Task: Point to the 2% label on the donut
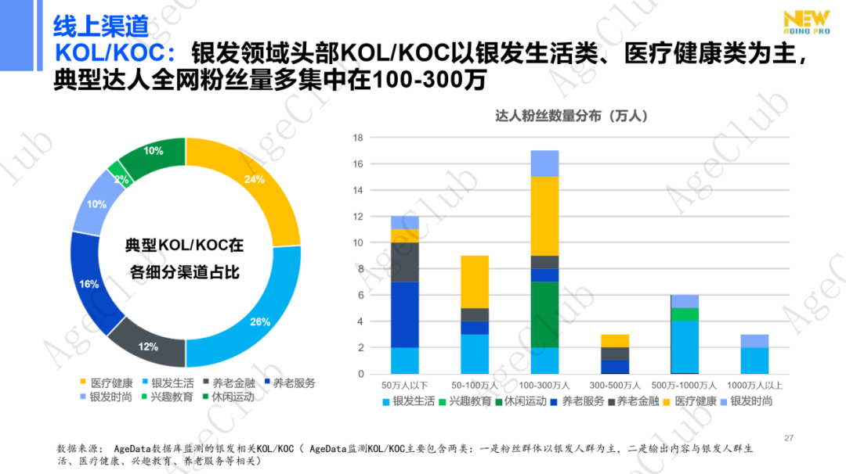pyautogui.click(x=121, y=179)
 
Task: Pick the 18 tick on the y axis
pyautogui.click(x=358, y=138)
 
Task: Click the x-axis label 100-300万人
pyautogui.click(x=544, y=386)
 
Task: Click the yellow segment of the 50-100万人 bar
pyautogui.click(x=475, y=282)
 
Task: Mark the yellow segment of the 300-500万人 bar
pyautogui.click(x=614, y=340)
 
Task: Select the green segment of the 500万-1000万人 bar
pyautogui.click(x=685, y=314)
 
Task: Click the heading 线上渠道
pyautogui.click(x=100, y=27)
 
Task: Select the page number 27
pyautogui.click(x=789, y=438)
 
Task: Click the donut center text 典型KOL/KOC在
pyautogui.click(x=185, y=246)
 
